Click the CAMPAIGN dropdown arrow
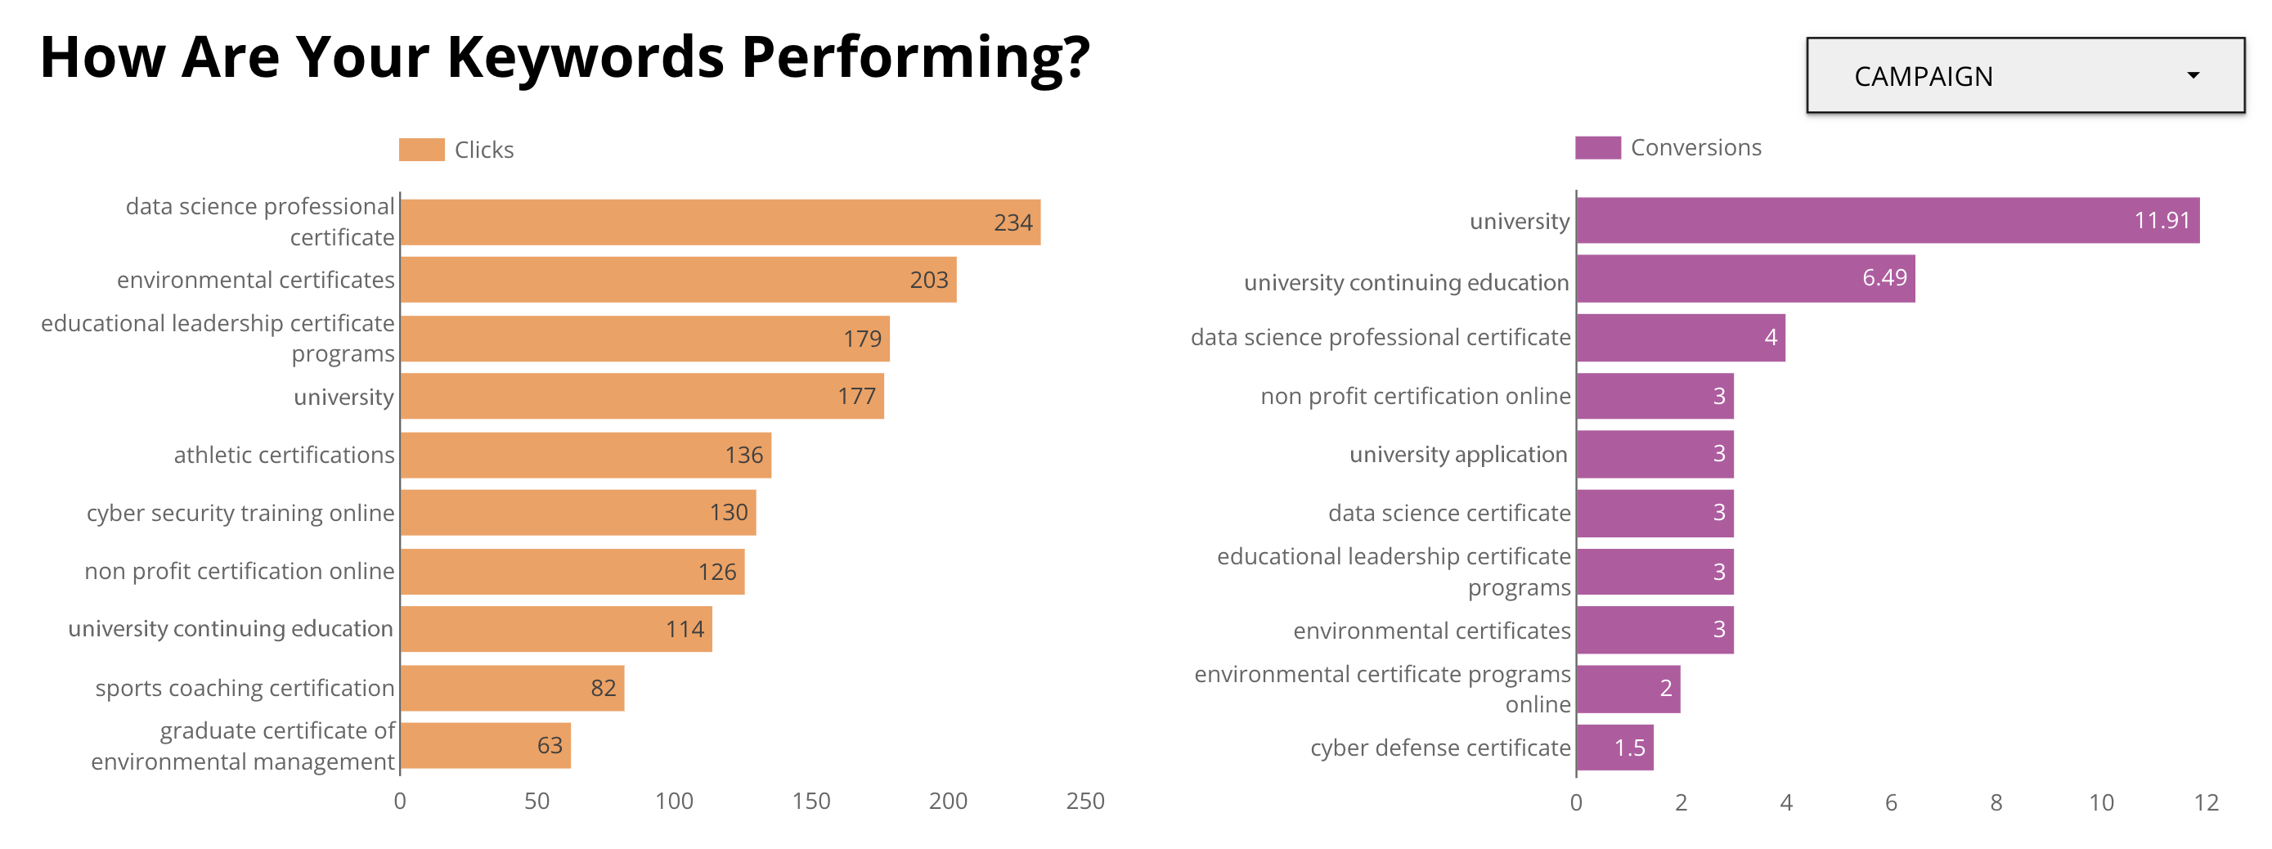[2193, 76]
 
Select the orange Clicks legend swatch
[420, 150]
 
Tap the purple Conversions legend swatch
[1597, 147]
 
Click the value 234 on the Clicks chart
[1013, 223]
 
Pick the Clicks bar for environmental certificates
[677, 280]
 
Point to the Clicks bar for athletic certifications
[585, 455]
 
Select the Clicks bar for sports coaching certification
[511, 688]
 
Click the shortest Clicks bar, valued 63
[485, 746]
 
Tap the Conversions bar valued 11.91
[1888, 220]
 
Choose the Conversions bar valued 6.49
[1744, 279]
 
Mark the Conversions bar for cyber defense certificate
[1614, 748]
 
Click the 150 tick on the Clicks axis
[810, 801]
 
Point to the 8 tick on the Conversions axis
[1996, 802]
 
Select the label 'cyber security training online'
[240, 513]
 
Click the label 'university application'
[1458, 454]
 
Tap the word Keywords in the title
[586, 57]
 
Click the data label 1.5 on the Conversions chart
[1629, 748]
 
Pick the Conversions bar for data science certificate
[1655, 513]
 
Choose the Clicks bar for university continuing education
[555, 629]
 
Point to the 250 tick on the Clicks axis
[1084, 801]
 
